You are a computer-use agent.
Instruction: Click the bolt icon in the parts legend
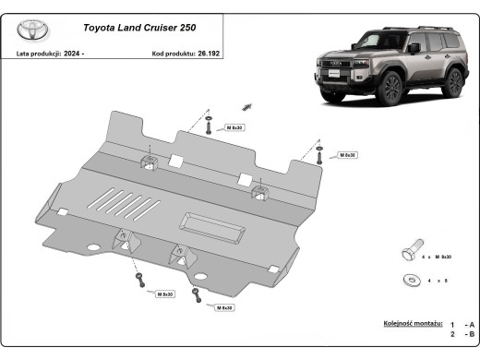(411, 254)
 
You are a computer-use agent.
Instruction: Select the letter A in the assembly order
(471, 325)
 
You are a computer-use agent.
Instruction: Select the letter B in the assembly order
(471, 337)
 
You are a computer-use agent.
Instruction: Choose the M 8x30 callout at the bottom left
(165, 294)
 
